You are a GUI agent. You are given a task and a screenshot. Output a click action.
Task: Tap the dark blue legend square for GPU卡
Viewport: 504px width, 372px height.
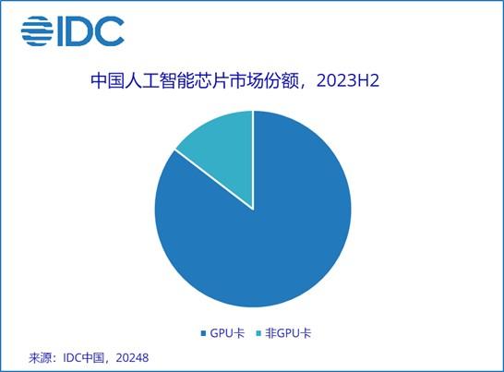coord(203,333)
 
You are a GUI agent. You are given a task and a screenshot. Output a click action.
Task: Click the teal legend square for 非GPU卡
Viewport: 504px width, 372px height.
coord(258,333)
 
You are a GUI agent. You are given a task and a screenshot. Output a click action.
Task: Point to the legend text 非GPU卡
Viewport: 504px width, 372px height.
coord(288,333)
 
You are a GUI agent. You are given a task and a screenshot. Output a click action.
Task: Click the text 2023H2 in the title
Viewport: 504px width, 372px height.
coord(348,80)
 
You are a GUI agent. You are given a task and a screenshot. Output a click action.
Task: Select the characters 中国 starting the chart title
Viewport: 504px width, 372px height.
coord(107,80)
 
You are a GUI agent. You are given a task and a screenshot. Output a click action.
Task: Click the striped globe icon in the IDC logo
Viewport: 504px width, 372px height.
coord(37,30)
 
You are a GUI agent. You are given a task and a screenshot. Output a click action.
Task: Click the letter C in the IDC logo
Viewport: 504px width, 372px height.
coord(109,31)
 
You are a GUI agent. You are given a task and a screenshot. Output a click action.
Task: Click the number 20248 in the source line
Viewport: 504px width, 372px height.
coord(132,358)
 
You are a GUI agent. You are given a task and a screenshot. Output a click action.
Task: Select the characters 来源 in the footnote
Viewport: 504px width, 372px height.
coord(41,358)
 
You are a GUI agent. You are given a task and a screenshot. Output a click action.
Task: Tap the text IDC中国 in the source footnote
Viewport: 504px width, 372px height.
coord(84,358)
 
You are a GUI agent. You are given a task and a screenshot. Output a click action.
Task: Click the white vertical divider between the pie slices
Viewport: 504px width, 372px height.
coord(253,160)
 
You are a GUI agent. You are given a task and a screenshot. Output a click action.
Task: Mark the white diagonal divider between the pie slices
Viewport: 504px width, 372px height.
coord(214,180)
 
